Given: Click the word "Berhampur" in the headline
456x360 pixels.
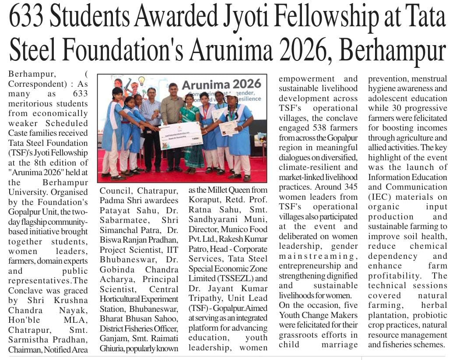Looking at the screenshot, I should coord(392,51).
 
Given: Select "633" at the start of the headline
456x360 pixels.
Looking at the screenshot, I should coord(28,18).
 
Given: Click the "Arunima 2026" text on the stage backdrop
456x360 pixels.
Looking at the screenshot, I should coord(221,84).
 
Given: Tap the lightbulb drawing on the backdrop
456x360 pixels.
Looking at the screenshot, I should coord(141,81).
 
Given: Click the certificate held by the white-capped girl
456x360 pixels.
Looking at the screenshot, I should coord(228,128).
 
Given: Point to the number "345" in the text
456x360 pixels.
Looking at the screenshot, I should coord(349,187).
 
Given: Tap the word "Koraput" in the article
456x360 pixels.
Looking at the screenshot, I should coord(202,200).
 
